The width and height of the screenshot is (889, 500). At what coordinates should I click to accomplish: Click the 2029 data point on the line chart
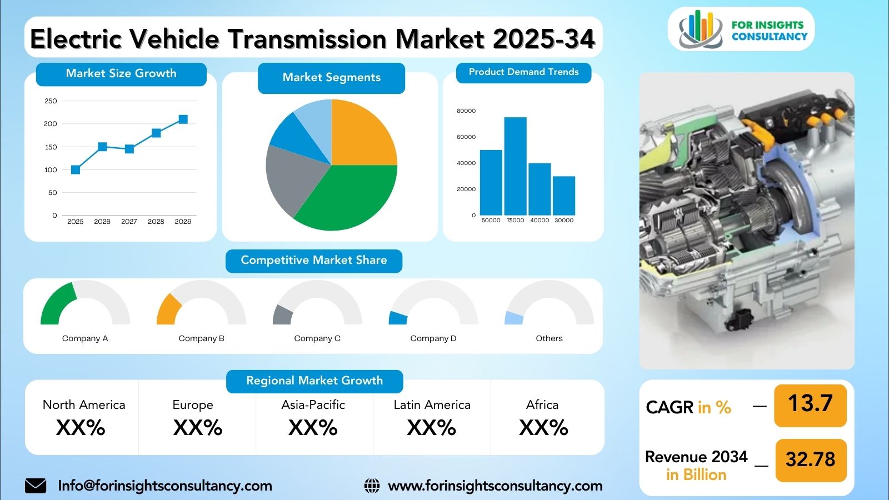coord(183,119)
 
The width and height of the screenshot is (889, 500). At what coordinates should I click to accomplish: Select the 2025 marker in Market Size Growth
coord(76,170)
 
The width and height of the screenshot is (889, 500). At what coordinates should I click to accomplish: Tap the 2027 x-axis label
coord(129,222)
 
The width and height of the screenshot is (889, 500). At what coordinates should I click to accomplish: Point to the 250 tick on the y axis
coord(51,101)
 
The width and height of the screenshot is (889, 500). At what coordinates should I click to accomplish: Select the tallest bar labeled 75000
coord(515,166)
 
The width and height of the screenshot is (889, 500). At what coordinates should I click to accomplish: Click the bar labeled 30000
coord(564,196)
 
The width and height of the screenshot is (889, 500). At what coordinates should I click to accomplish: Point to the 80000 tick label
coord(466,111)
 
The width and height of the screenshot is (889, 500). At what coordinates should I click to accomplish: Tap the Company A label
coord(85,338)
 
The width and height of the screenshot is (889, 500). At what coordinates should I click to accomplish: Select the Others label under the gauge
coord(550,338)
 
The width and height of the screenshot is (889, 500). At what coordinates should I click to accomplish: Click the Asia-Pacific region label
coord(313,405)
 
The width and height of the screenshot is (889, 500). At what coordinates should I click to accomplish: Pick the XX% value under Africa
coord(544,428)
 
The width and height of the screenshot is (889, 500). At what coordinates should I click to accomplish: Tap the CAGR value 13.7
coord(811,403)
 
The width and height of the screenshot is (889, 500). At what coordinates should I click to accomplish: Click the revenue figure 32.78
coord(811,459)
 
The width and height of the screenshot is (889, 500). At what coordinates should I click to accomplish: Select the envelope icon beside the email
coord(36,486)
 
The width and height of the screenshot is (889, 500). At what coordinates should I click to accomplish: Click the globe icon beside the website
coord(372,486)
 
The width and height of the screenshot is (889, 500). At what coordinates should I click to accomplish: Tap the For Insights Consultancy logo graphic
coord(701,29)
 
